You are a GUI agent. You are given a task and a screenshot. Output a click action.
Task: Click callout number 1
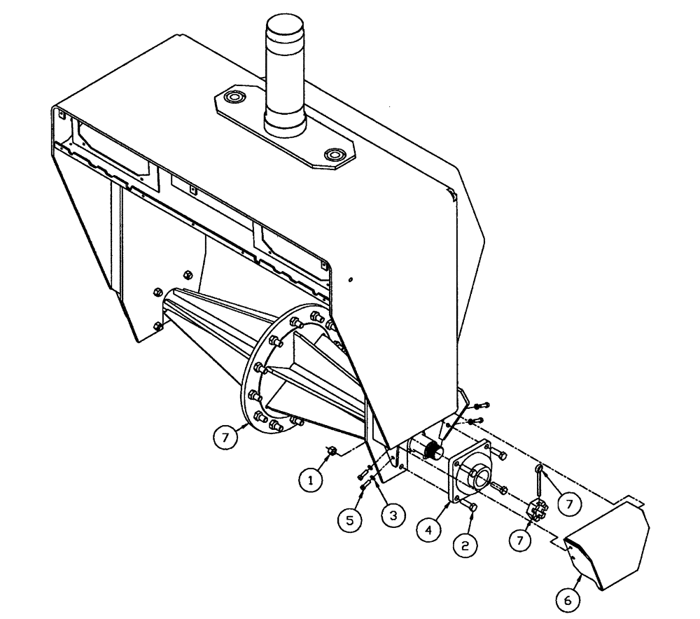coord(308,480)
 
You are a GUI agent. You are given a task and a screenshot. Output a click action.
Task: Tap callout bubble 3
coord(393,516)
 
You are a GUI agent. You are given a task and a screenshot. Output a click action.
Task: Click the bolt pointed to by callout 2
coord(471,506)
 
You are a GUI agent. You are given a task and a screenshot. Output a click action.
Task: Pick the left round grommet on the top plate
coord(234,96)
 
